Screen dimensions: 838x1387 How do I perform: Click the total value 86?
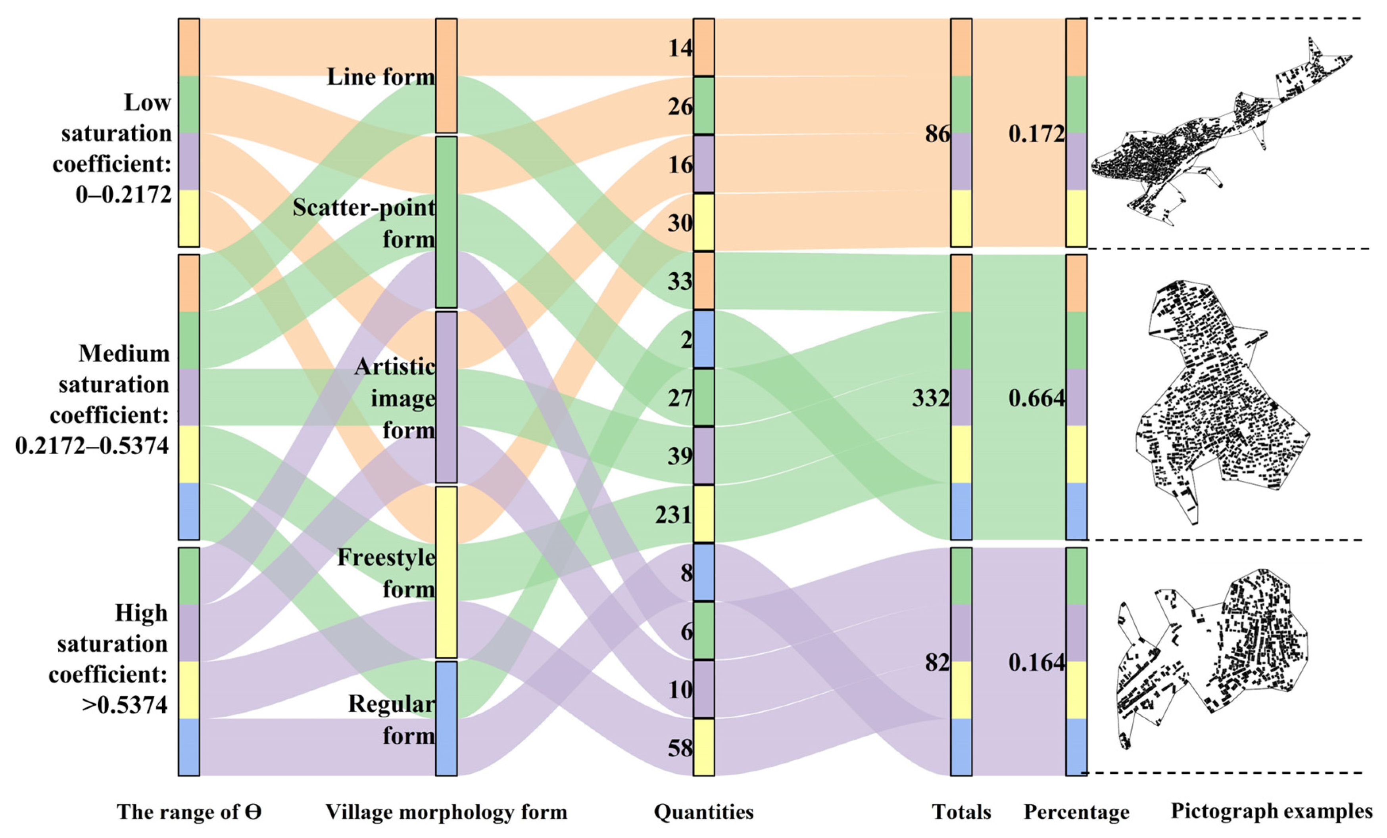click(937, 134)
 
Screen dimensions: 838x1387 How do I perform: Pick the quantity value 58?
click(680, 748)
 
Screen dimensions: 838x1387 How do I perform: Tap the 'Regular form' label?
click(392, 719)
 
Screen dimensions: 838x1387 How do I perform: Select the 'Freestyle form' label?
click(387, 573)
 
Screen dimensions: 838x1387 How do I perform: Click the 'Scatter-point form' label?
click(364, 223)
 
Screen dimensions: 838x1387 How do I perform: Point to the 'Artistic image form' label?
click(395, 399)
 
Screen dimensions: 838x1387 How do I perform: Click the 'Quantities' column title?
click(704, 812)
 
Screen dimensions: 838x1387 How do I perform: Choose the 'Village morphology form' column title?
click(446, 812)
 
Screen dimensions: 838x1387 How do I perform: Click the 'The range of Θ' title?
click(190, 812)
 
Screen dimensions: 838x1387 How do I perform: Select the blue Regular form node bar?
click(446, 719)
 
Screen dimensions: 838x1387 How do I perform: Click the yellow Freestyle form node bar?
click(446, 572)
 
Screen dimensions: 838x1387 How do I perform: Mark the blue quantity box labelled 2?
click(704, 339)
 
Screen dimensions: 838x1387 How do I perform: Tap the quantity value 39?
click(680, 456)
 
